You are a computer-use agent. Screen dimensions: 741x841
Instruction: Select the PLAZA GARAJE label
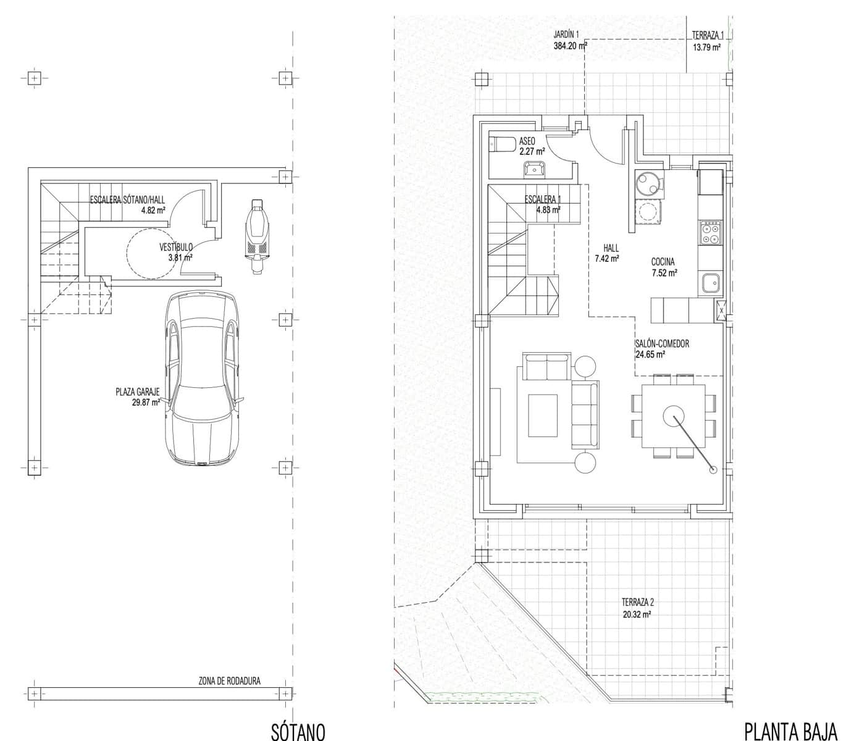coord(137,391)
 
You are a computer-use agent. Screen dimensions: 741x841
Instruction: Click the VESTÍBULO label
coord(176,247)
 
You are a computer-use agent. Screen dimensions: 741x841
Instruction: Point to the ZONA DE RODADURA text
coord(229,681)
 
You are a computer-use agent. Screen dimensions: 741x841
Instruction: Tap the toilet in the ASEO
coord(502,144)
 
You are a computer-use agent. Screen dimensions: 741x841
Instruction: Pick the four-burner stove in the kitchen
coord(709,233)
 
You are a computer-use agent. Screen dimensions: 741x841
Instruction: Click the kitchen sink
coord(709,283)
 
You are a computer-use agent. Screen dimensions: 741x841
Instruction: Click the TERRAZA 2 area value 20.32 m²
coord(637,614)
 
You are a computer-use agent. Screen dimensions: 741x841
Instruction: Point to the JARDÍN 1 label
coord(566,35)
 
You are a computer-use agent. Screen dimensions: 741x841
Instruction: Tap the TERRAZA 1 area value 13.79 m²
coord(706,47)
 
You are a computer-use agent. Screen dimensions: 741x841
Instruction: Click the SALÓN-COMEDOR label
coord(662,344)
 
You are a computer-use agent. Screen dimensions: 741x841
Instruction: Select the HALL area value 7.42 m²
coord(606,259)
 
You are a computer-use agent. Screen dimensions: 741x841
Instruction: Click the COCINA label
coord(663,262)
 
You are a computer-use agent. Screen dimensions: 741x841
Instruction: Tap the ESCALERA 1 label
coord(543,199)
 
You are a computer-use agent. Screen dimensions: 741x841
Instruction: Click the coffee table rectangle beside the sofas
coord(543,415)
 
